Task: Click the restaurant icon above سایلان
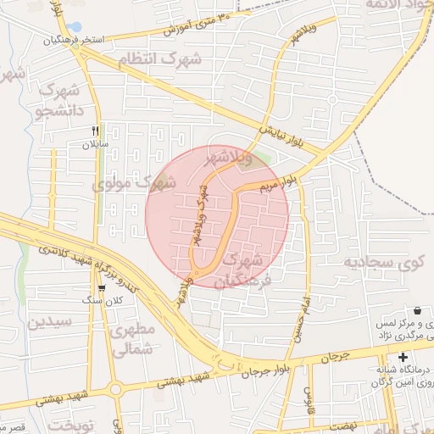[x=95, y=131]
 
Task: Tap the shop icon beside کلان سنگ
[x=103, y=289]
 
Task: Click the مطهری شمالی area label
[x=131, y=338]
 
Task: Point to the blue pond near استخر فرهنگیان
[x=76, y=27]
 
